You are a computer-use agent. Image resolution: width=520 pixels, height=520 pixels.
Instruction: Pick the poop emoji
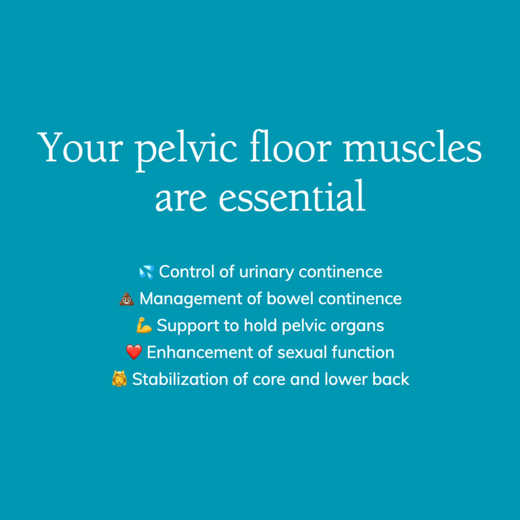pos(127,299)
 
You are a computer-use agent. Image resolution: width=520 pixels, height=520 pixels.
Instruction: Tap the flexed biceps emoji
pos(144,326)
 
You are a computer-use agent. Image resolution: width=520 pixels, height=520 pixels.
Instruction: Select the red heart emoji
pos(134,352)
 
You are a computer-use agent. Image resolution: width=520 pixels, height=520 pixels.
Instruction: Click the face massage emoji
pos(119,379)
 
